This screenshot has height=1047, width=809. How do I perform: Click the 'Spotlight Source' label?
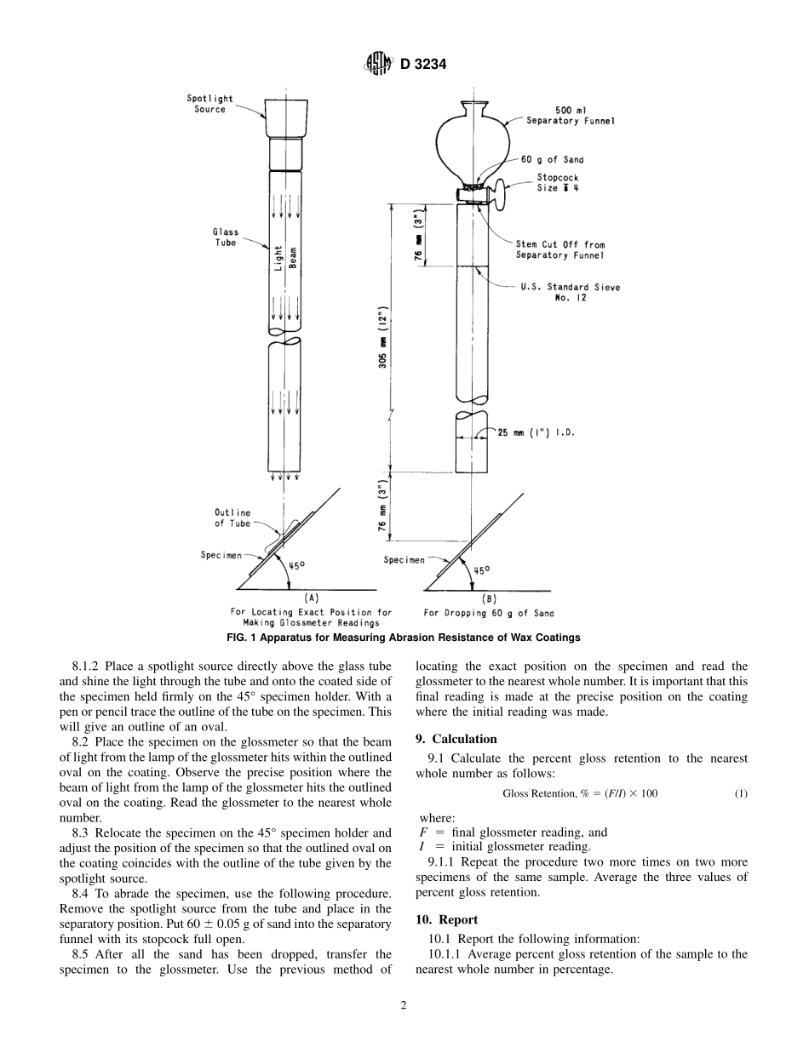(209, 104)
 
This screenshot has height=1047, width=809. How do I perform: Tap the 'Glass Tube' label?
(226, 237)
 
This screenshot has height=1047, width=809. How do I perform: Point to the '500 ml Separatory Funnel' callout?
(571, 116)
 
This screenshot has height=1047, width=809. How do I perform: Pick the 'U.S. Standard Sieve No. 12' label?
(571, 292)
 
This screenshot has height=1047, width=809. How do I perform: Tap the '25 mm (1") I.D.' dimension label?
(536, 432)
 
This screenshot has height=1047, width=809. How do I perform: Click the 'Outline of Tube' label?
(232, 518)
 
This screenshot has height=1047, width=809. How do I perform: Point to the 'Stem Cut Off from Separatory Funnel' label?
(560, 249)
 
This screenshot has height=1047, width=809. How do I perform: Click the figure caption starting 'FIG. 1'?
(404, 638)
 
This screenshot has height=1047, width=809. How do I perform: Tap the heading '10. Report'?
(447, 919)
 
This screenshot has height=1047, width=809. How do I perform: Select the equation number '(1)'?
(741, 793)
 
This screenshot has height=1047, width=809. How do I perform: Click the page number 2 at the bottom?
(404, 1004)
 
